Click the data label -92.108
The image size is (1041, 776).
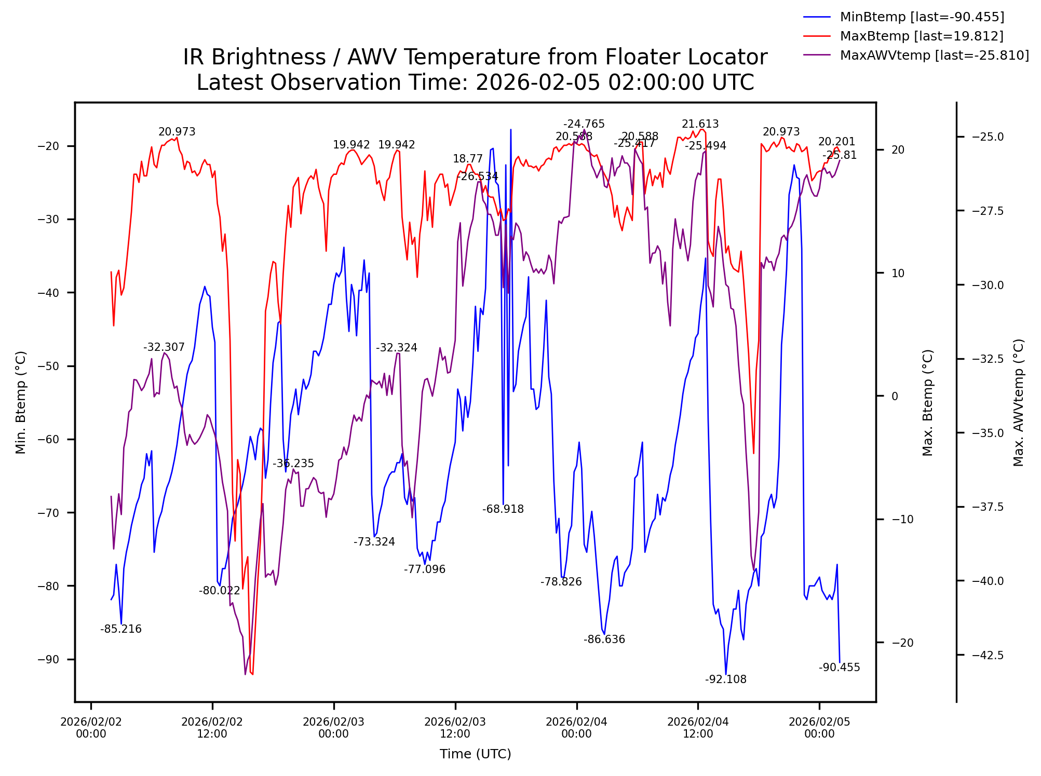[725, 679]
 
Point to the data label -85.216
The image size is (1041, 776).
[120, 629]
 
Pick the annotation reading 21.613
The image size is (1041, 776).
[700, 124]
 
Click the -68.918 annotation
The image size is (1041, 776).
[503, 509]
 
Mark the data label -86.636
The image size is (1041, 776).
[604, 639]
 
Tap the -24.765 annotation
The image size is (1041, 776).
[584, 124]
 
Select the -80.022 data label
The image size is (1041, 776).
[219, 590]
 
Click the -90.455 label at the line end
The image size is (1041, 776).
[839, 668]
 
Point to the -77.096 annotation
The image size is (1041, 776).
[424, 569]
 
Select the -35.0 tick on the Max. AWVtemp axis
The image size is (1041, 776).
[988, 433]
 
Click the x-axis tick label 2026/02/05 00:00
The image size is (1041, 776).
[819, 728]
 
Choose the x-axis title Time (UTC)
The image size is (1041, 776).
[475, 754]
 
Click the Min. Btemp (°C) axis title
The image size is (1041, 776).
[21, 402]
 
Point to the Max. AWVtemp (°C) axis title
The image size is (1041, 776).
[1019, 402]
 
